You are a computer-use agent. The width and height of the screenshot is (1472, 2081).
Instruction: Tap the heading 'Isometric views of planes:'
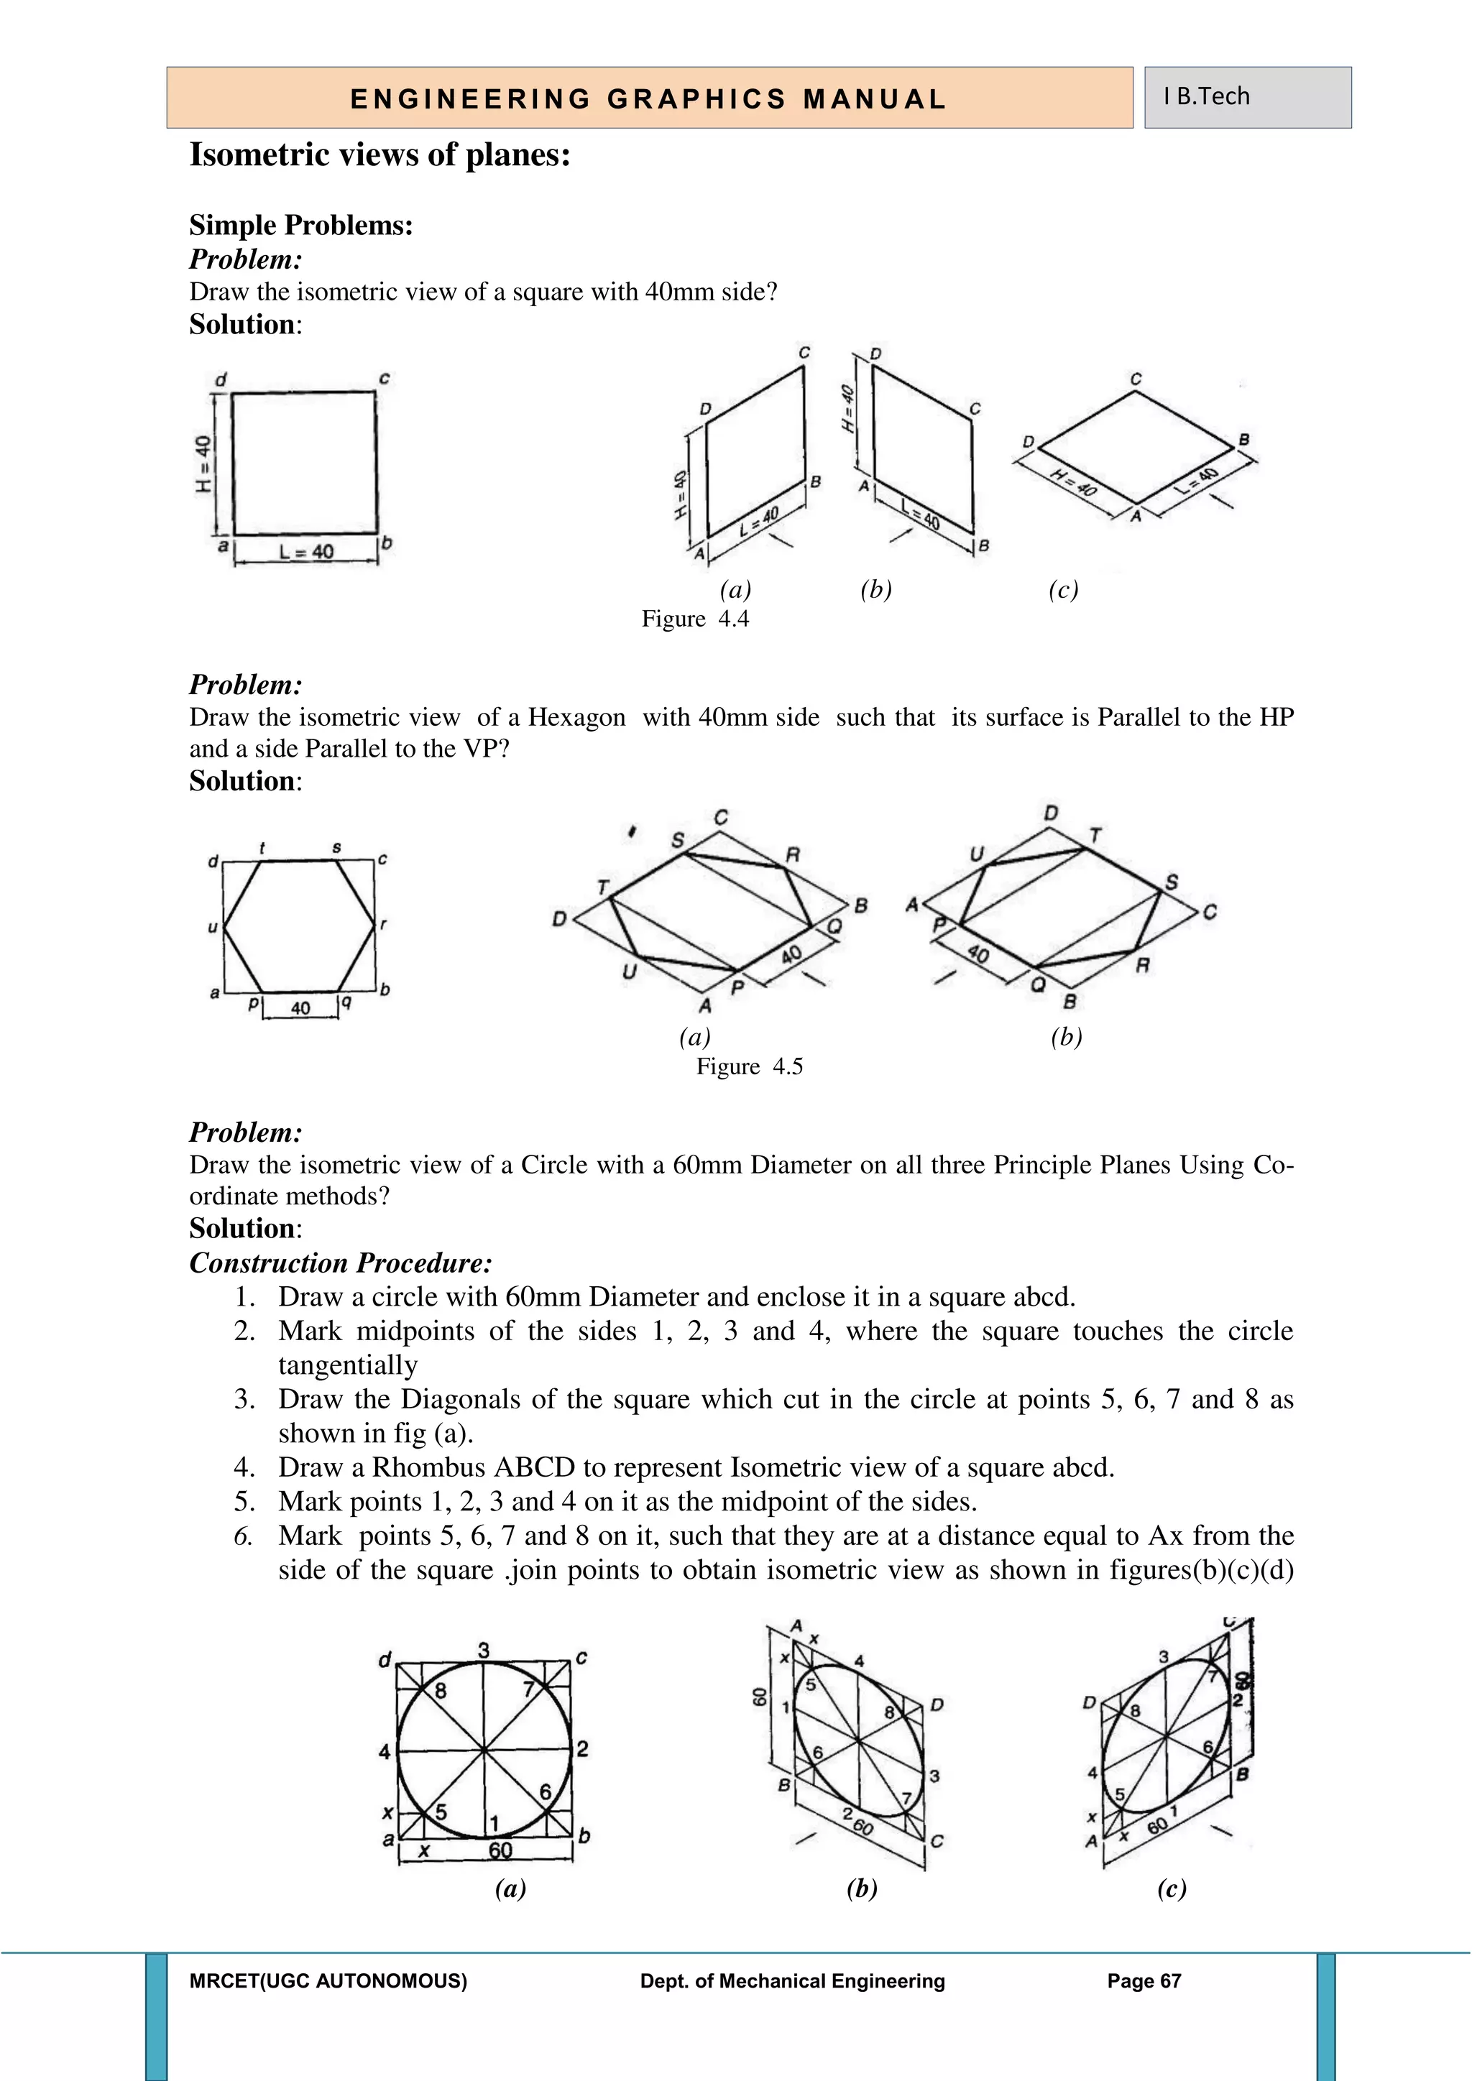[379, 155]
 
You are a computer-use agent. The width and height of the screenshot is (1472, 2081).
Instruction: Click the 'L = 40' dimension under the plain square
[305, 551]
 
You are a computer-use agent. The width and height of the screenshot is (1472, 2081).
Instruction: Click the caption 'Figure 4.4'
[695, 619]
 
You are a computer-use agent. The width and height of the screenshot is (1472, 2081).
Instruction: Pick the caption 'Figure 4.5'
[750, 1067]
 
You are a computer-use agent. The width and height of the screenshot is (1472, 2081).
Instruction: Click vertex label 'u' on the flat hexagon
[212, 927]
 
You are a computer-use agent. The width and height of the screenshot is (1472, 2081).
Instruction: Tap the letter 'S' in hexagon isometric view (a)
[678, 840]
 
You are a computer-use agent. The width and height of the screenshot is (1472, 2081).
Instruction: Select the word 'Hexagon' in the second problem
[576, 718]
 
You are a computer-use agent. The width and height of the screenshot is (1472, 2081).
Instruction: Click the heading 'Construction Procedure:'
[341, 1263]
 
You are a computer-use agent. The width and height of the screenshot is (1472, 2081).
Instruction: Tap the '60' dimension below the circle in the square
[500, 1850]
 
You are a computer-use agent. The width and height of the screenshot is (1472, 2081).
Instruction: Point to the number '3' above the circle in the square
[484, 1651]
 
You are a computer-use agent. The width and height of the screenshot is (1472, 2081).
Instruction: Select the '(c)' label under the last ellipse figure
[1171, 1889]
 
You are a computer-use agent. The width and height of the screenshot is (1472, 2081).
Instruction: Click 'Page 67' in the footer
[1144, 1981]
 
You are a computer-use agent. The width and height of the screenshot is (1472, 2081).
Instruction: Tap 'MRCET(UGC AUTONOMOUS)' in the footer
[328, 1981]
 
